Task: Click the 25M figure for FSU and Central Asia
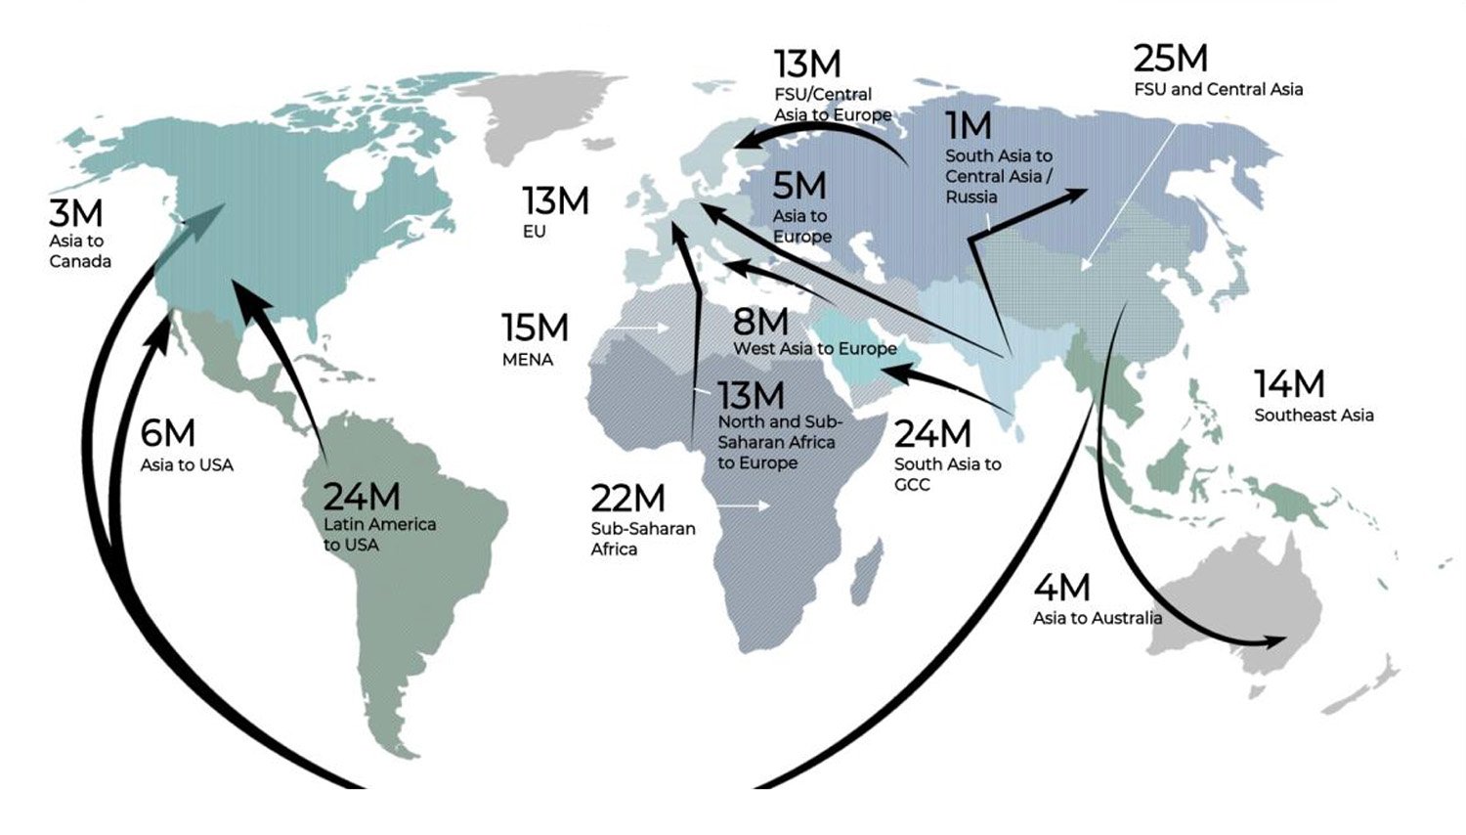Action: pos(1170,59)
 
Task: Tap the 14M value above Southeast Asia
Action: pos(1289,384)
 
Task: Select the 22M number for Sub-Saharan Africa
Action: pos(627,499)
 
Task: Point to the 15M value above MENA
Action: pos(535,328)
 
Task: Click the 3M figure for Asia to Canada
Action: pos(75,213)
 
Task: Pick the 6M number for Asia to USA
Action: pos(167,433)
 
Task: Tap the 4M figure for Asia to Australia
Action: pos(1061,588)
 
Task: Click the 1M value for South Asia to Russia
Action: pos(968,126)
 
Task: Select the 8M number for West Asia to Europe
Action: pos(760,322)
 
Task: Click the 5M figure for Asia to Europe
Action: pos(798,186)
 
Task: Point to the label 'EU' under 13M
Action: pos(534,232)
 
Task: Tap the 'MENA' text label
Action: pos(528,360)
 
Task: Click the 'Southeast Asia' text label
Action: pos(1314,416)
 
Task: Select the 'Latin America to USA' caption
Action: pos(379,534)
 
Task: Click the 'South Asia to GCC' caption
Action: pos(947,474)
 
